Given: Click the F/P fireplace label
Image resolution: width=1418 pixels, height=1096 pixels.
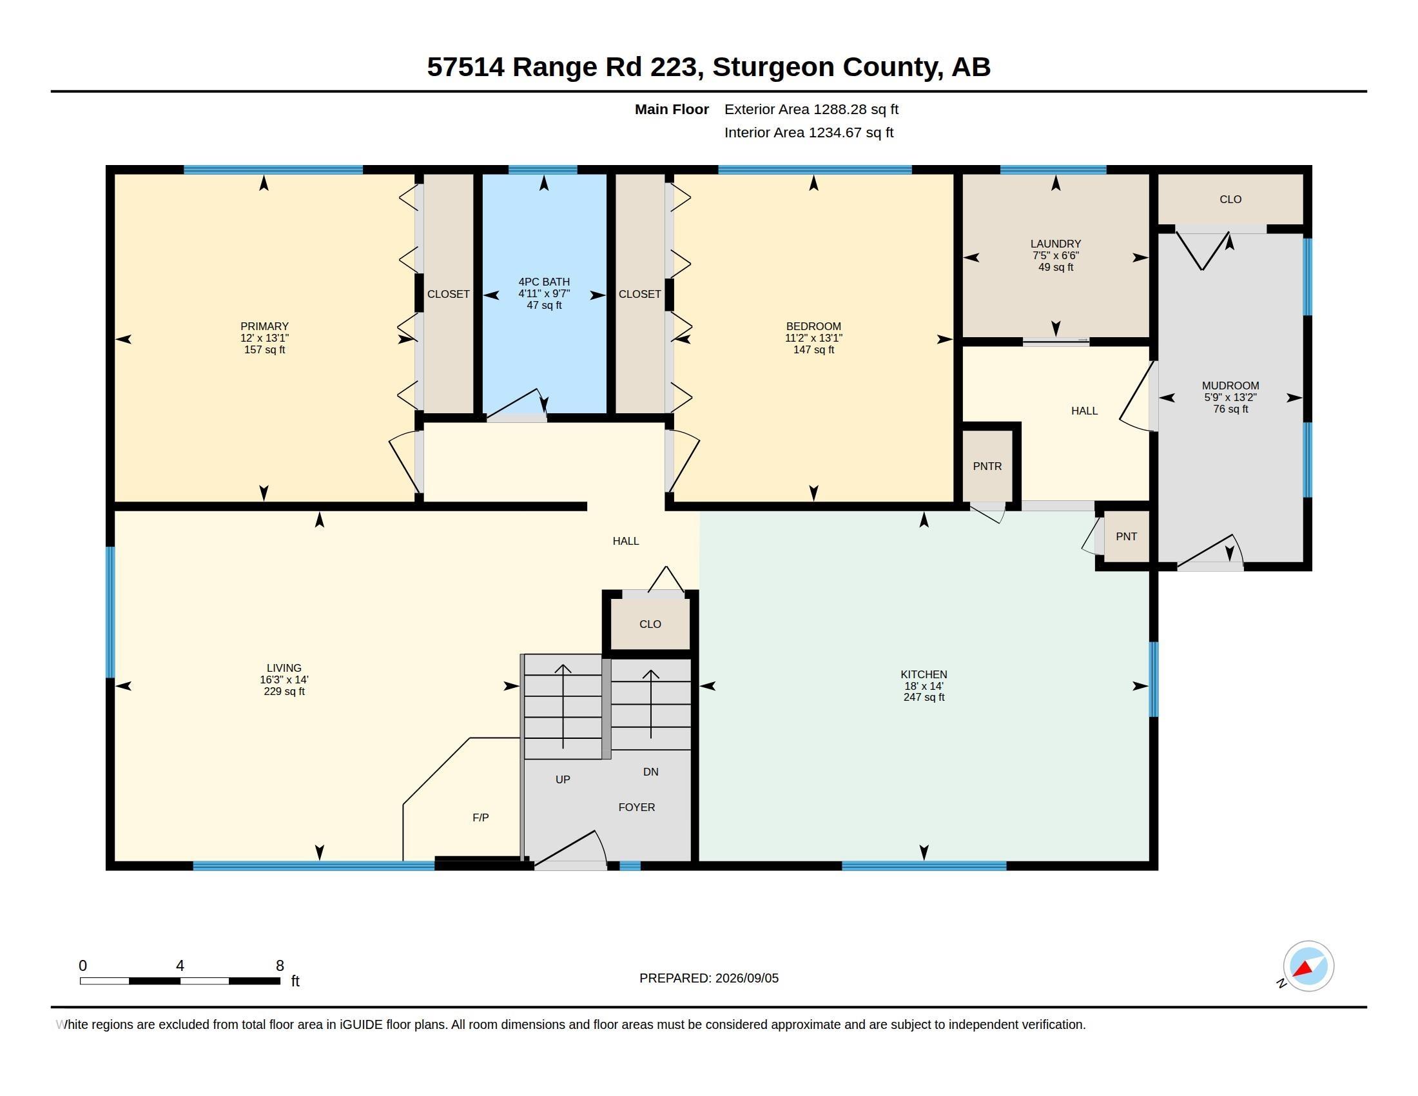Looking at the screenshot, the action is pyautogui.click(x=480, y=817).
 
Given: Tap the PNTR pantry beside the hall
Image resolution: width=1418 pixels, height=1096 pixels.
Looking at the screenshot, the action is pyautogui.click(x=987, y=466).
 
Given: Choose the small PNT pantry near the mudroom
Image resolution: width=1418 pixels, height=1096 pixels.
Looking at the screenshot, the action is pyautogui.click(x=1127, y=536).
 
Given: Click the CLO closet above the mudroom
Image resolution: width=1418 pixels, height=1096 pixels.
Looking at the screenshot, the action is pyautogui.click(x=1230, y=199).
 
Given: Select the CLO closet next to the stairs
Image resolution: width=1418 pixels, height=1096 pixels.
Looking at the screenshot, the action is pyautogui.click(x=650, y=624).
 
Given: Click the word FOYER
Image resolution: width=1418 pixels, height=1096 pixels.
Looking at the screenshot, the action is pyautogui.click(x=636, y=807).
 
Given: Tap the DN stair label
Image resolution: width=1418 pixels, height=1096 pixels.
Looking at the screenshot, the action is pyautogui.click(x=650, y=771).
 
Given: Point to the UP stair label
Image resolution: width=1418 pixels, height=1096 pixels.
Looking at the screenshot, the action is pyautogui.click(x=563, y=779).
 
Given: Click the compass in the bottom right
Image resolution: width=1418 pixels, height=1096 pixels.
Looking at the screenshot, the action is pyautogui.click(x=1308, y=966).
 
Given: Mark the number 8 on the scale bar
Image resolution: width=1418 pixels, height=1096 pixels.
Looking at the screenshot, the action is pyautogui.click(x=280, y=966).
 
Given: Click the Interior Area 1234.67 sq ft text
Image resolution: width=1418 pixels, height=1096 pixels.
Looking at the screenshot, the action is pyautogui.click(x=809, y=132).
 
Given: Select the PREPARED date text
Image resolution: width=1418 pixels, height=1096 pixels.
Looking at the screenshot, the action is pyautogui.click(x=709, y=978).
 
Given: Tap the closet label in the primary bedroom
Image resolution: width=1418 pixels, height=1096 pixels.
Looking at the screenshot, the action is pyautogui.click(x=448, y=294).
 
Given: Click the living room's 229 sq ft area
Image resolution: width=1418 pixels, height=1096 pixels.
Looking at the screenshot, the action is pyautogui.click(x=284, y=692).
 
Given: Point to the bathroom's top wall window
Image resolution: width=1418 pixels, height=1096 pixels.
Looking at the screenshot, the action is pyautogui.click(x=543, y=170).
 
